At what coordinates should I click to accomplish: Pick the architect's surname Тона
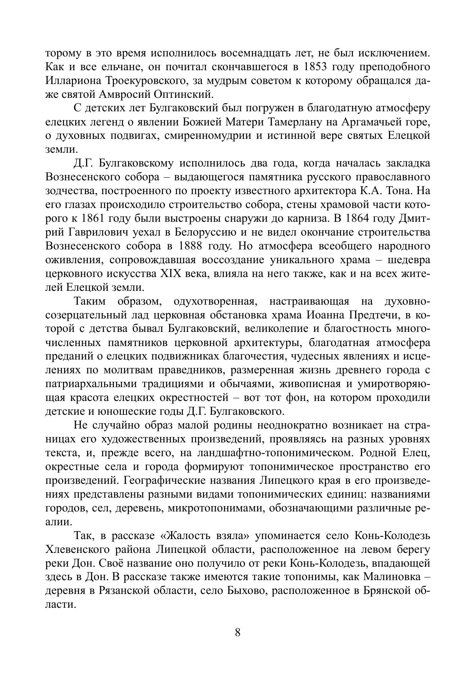pyautogui.click(x=401, y=191)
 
